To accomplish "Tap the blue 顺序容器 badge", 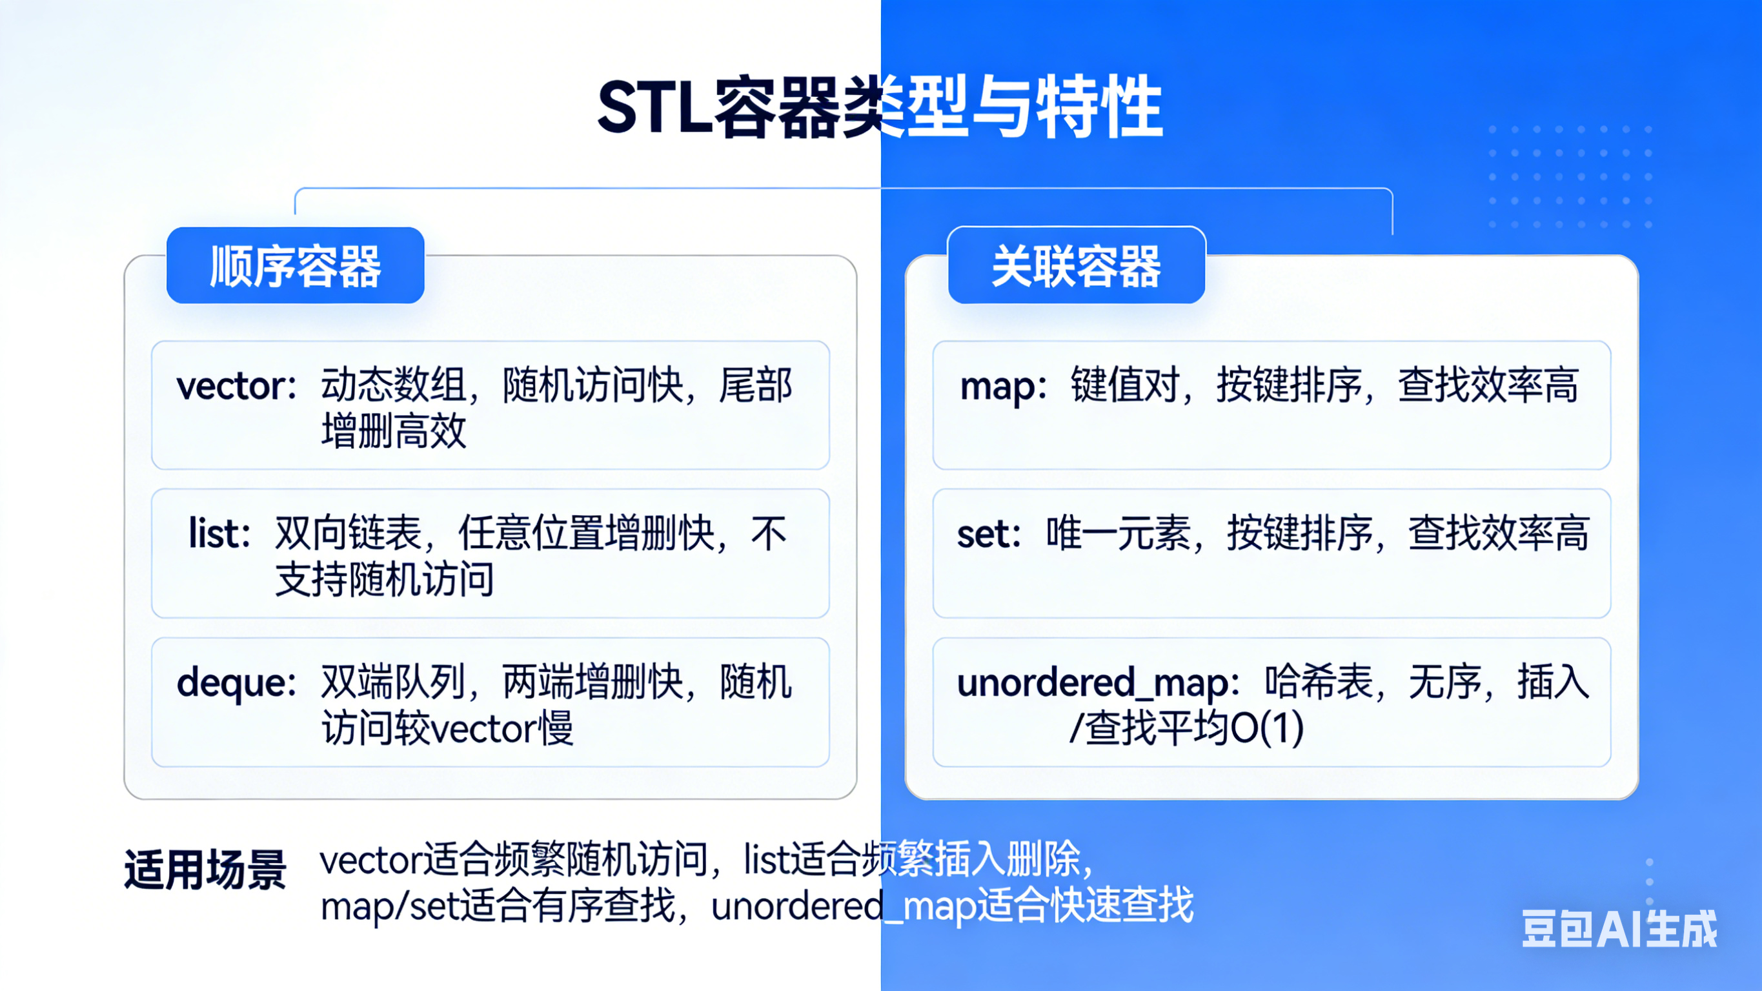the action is (x=296, y=265).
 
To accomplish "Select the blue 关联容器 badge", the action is (x=1077, y=265).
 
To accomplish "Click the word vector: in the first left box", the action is (x=237, y=386).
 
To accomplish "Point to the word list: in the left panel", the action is (x=219, y=534).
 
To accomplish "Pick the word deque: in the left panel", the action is (x=237, y=684).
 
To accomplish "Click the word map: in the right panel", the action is (x=1004, y=387).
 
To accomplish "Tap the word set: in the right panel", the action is (x=989, y=535).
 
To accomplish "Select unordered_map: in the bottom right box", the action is (x=1099, y=683).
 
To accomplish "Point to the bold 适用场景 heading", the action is (x=205, y=870).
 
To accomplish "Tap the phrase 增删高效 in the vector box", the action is (x=394, y=431).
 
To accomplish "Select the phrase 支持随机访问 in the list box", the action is (x=385, y=579).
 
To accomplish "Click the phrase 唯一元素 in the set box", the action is (x=1119, y=533).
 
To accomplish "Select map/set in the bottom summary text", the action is (x=390, y=906).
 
